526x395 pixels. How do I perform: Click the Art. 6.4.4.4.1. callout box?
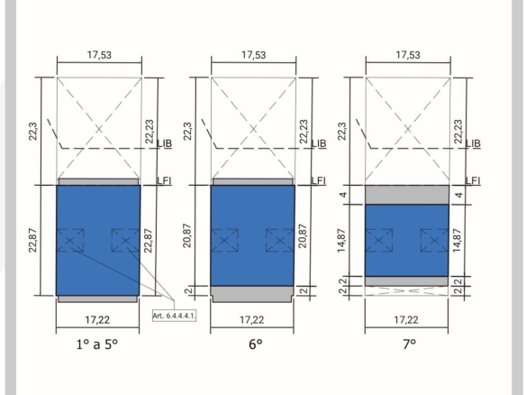pyautogui.click(x=174, y=316)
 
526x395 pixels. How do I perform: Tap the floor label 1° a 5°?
pyautogui.click(x=97, y=344)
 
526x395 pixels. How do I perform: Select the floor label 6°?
pyautogui.click(x=256, y=344)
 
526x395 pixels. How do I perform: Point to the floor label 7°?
pyautogui.click(x=410, y=344)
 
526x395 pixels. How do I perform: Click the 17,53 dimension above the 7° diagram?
pyautogui.click(x=408, y=55)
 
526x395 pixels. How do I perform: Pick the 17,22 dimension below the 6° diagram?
pyautogui.click(x=251, y=320)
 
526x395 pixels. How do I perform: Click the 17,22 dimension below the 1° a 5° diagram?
pyautogui.click(x=97, y=320)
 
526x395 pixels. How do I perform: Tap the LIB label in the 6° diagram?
pyautogui.click(x=319, y=143)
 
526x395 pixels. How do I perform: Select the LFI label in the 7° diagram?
pyautogui.click(x=473, y=180)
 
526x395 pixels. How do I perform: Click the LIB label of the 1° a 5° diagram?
pyautogui.click(x=165, y=143)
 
